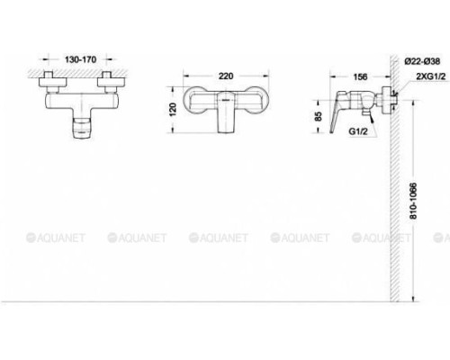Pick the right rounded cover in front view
point(259,102)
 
